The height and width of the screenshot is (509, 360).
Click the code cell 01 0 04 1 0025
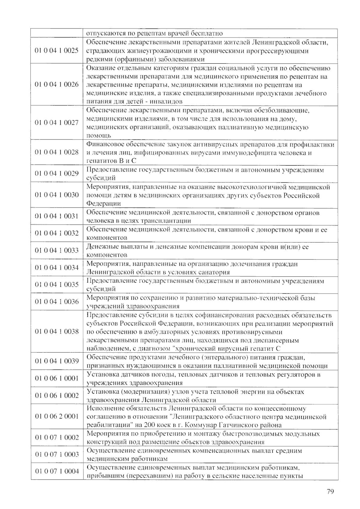point(57,51)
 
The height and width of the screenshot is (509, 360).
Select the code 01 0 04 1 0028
point(57,152)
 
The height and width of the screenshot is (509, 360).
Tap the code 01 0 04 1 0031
point(57,216)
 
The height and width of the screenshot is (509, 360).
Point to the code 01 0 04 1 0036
point(57,302)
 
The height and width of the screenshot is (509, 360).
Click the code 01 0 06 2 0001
point(57,416)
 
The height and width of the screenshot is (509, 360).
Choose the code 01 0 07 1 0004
point(57,471)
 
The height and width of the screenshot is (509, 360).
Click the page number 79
point(330,492)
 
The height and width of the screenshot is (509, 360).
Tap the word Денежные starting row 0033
point(101,247)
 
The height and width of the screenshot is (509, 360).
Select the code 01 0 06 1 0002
point(57,395)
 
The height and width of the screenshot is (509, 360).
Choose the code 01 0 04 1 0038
point(57,332)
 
